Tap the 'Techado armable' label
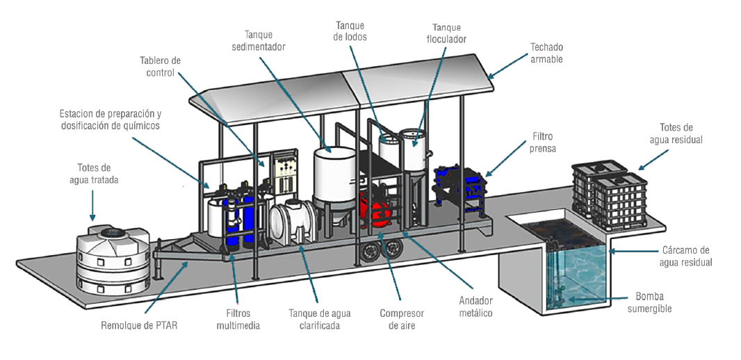click(546, 54)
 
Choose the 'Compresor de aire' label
click(402, 319)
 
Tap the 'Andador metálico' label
click(475, 307)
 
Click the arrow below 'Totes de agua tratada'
click(93, 204)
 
